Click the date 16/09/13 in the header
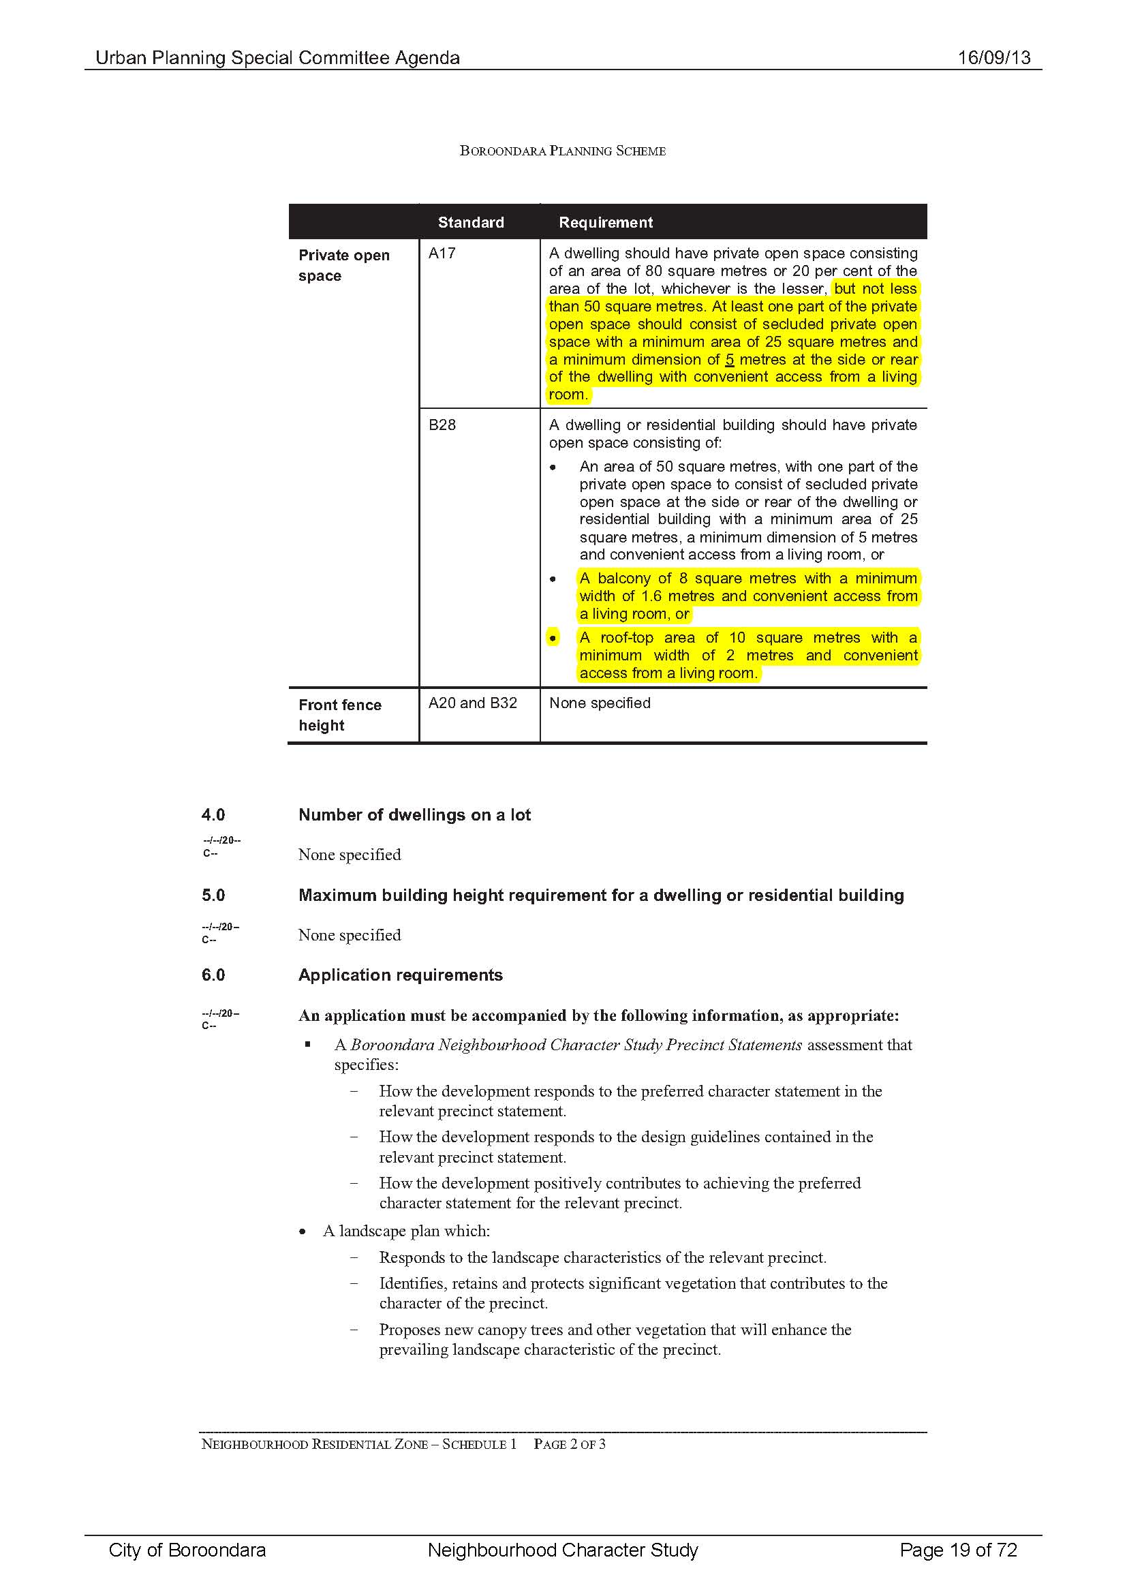coord(993,58)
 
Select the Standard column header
coord(471,222)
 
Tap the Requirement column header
coord(605,222)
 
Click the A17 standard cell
coord(442,254)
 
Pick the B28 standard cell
coord(442,425)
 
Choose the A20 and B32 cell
coord(473,703)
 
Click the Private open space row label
coord(343,265)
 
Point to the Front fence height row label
coord(339,714)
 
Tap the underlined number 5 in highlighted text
coord(729,360)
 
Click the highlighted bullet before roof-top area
coord(553,637)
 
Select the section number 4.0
coord(213,814)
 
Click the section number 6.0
coord(213,975)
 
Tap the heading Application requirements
coord(400,975)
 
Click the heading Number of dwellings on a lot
coord(414,814)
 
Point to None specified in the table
coord(600,703)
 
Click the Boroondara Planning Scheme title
coord(562,151)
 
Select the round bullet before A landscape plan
coord(303,1231)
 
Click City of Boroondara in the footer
coord(187,1550)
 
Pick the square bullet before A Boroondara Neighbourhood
coord(307,1044)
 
